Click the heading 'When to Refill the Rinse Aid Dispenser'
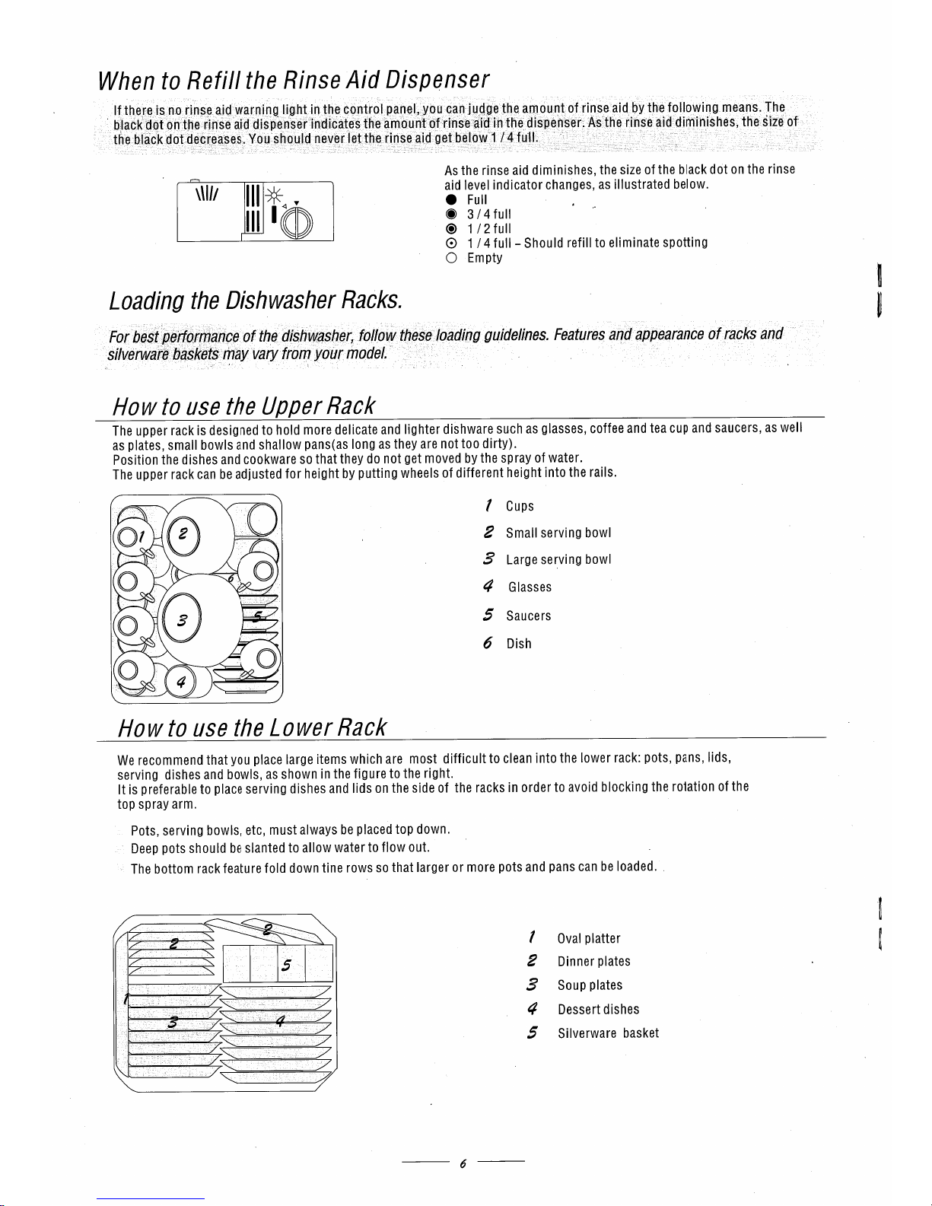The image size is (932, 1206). pyautogui.click(x=293, y=80)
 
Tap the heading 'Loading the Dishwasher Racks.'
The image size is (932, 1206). pyautogui.click(x=256, y=301)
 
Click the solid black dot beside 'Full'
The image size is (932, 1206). pyautogui.click(x=450, y=200)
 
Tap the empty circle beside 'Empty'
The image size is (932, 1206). pyautogui.click(x=450, y=258)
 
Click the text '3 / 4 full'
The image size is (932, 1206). pyautogui.click(x=488, y=215)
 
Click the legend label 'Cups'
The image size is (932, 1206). pyautogui.click(x=520, y=507)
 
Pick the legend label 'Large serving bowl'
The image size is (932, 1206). pyautogui.click(x=558, y=560)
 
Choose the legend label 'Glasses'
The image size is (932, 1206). pyautogui.click(x=530, y=587)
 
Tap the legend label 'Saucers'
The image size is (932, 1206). pyautogui.click(x=528, y=616)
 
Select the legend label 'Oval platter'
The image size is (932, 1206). pyautogui.click(x=589, y=939)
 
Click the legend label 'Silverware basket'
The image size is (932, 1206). pyautogui.click(x=608, y=1033)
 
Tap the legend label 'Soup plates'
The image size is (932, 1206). pyautogui.click(x=590, y=985)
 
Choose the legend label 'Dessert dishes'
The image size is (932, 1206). pyautogui.click(x=598, y=1010)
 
